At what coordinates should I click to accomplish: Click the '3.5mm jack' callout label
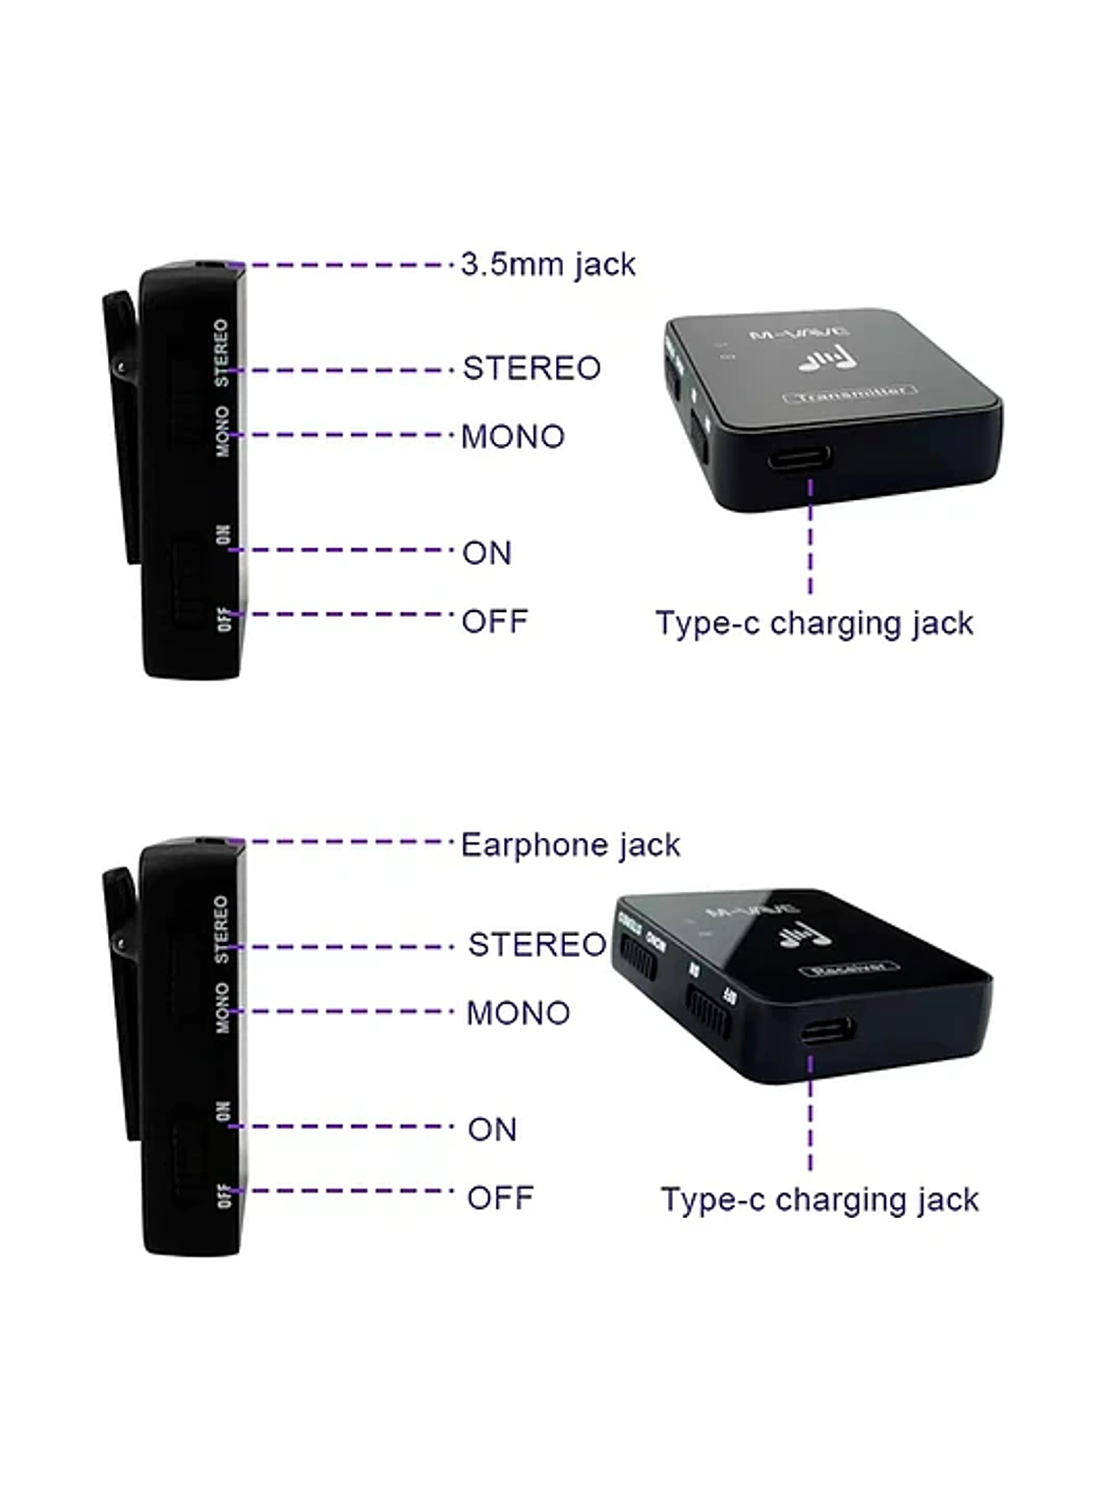548,264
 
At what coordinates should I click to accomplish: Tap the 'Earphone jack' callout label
570,845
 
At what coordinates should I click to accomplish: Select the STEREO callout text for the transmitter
532,368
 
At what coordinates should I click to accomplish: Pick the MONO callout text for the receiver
518,1013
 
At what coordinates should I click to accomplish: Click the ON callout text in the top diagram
486,553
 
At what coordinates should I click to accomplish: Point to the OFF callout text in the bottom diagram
500,1197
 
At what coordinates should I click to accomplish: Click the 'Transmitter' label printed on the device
850,393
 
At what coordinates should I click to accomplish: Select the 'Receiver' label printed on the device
851,968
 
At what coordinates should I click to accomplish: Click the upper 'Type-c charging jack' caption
813,623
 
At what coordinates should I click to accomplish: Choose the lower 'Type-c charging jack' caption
819,1199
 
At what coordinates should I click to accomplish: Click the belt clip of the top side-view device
122,422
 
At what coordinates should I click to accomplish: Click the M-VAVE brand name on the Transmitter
786,334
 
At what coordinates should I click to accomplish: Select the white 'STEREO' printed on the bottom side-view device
221,928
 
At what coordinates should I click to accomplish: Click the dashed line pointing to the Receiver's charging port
811,1115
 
